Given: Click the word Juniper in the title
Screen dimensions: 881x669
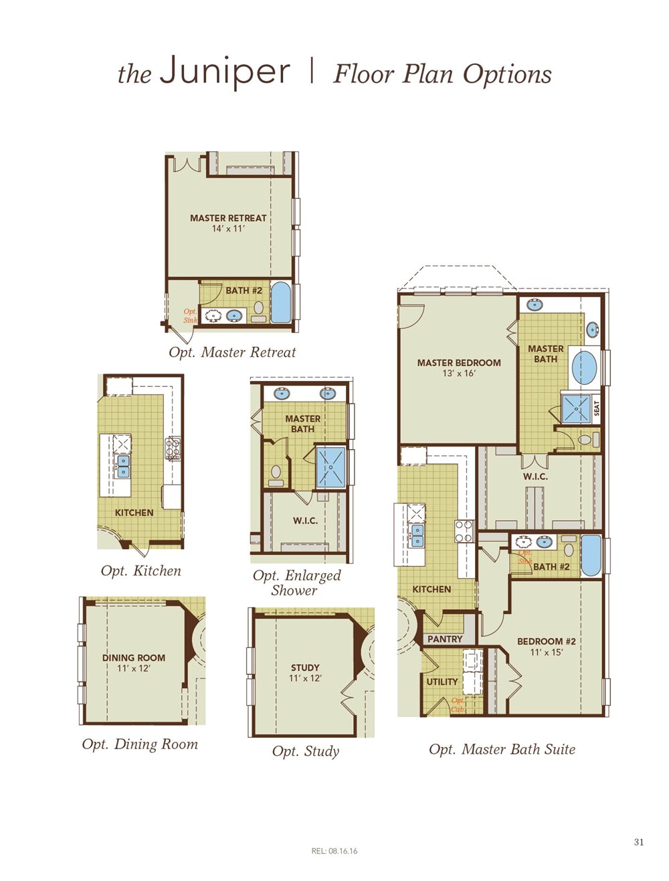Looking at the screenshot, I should (x=225, y=72).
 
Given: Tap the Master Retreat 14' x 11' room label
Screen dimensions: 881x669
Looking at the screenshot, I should (x=228, y=223).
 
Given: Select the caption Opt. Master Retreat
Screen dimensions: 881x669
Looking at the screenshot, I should (x=232, y=352).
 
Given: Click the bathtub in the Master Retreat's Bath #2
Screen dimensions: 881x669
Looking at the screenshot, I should (x=280, y=303).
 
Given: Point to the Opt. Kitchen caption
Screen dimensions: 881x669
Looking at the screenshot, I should (x=140, y=571).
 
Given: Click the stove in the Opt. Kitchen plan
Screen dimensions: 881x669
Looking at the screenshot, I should (x=173, y=449).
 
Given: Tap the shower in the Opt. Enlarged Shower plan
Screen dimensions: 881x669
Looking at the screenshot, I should (x=330, y=467).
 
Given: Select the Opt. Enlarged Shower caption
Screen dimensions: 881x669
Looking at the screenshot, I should (x=296, y=582).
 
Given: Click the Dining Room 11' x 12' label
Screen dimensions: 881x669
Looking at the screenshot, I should (x=133, y=663).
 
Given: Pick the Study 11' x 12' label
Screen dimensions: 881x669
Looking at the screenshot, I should (x=305, y=672).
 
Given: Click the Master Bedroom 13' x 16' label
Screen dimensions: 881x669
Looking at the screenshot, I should (x=458, y=368).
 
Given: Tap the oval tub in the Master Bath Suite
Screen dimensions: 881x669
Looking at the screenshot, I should (x=585, y=367).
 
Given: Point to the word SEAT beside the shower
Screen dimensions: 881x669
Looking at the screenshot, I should (x=597, y=408).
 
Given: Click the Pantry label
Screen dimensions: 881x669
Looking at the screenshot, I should (x=445, y=639).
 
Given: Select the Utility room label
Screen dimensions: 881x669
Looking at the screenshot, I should (x=442, y=682).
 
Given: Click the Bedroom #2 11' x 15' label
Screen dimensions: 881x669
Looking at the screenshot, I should (x=546, y=646).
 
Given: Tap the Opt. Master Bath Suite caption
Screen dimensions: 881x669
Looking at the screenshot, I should (x=502, y=749).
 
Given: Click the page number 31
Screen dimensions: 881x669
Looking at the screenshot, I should (x=638, y=842).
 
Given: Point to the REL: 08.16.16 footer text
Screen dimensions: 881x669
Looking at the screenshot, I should (x=334, y=851).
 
